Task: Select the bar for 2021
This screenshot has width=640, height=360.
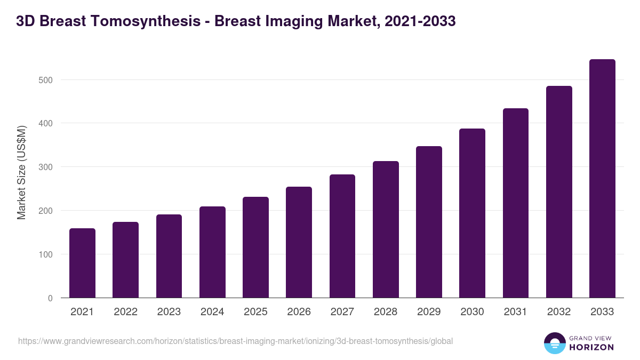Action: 82,263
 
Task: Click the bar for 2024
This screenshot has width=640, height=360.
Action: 212,252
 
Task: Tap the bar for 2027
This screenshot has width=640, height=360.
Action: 342,236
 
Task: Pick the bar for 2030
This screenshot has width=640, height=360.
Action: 473,213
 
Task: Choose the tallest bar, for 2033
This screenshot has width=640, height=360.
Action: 602,178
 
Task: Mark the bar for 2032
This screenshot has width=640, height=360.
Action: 559,191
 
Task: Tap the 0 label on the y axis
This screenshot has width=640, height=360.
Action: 50,298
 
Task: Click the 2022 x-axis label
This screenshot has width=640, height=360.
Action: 125,312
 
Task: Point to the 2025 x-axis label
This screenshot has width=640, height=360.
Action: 255,312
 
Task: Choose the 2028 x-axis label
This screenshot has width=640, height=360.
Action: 386,312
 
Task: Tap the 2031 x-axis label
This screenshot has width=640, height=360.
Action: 516,312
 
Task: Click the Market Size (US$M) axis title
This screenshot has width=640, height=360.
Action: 22,172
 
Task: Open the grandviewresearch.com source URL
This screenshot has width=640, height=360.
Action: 235,341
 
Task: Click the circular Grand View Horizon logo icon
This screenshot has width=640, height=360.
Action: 554,343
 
